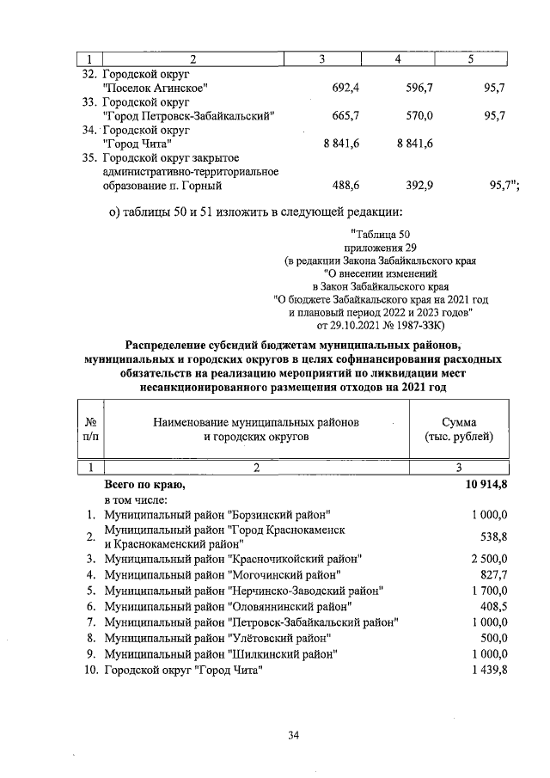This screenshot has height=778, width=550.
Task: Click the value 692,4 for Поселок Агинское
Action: [345, 88]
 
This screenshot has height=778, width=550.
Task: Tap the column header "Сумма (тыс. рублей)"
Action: [459, 429]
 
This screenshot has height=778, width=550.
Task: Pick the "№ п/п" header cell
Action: [90, 429]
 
